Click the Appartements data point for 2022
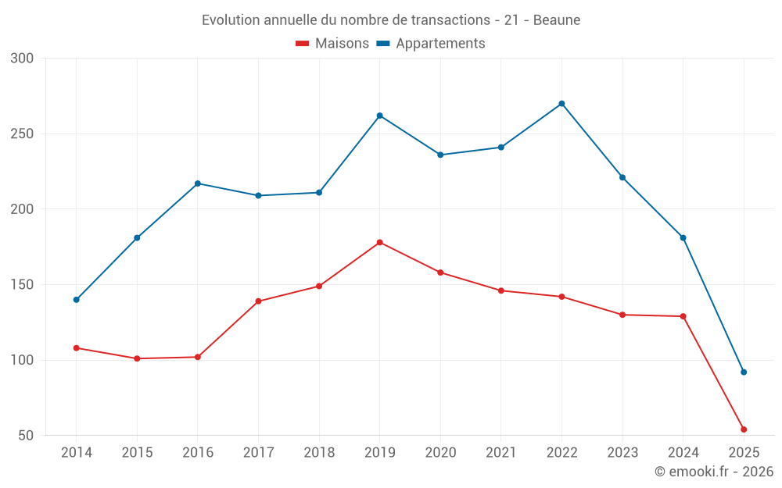(561, 104)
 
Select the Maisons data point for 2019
(380, 242)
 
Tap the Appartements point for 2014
(77, 300)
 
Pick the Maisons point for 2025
(744, 429)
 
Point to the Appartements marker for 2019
(380, 116)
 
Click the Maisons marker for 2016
(198, 357)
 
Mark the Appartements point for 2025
(744, 372)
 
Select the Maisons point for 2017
(259, 301)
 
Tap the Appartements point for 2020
(440, 155)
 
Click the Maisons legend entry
(332, 44)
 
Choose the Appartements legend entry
(431, 44)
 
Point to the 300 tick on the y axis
(23, 59)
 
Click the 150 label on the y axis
(23, 285)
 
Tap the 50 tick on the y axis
(26, 436)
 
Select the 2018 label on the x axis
(319, 453)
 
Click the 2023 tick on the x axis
(622, 453)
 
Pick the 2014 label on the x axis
(77, 453)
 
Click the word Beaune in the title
(557, 20)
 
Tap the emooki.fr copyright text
(713, 472)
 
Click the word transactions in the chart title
(452, 20)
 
